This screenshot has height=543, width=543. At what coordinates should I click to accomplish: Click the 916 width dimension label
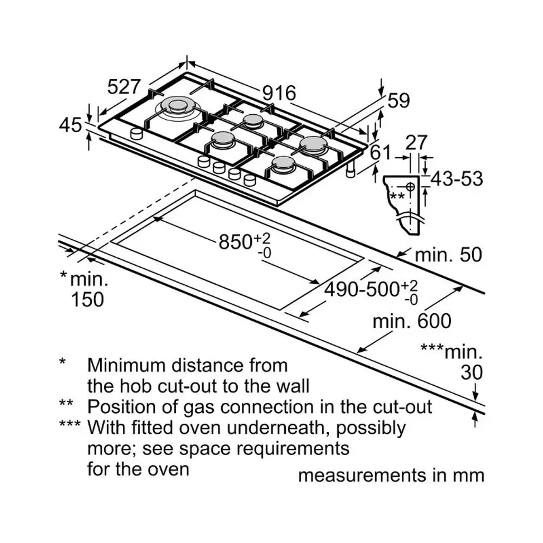(279, 93)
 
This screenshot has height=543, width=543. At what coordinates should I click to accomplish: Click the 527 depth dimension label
(124, 86)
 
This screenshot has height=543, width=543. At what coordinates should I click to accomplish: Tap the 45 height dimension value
(70, 125)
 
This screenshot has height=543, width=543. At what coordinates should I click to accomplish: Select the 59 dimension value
(399, 101)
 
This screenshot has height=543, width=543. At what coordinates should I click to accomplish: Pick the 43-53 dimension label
(457, 179)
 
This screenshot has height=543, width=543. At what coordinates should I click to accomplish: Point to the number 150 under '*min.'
(87, 299)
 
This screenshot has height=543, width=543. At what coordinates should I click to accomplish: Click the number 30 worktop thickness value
(472, 373)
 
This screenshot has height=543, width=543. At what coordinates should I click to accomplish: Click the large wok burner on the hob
(178, 106)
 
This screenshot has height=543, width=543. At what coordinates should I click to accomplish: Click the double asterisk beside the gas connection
(397, 196)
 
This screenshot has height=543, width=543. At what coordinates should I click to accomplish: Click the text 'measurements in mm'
(391, 475)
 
